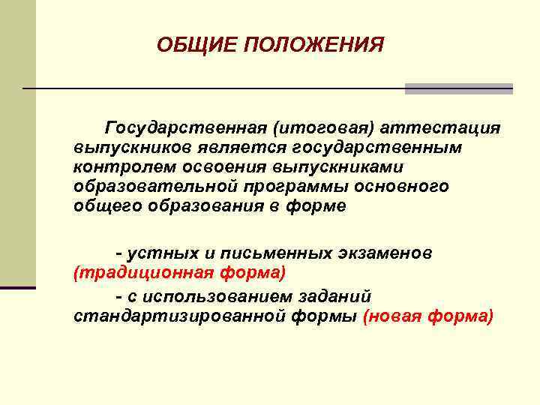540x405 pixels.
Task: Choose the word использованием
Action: [x=225, y=297]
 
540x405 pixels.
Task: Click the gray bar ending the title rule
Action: [x=458, y=88]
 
